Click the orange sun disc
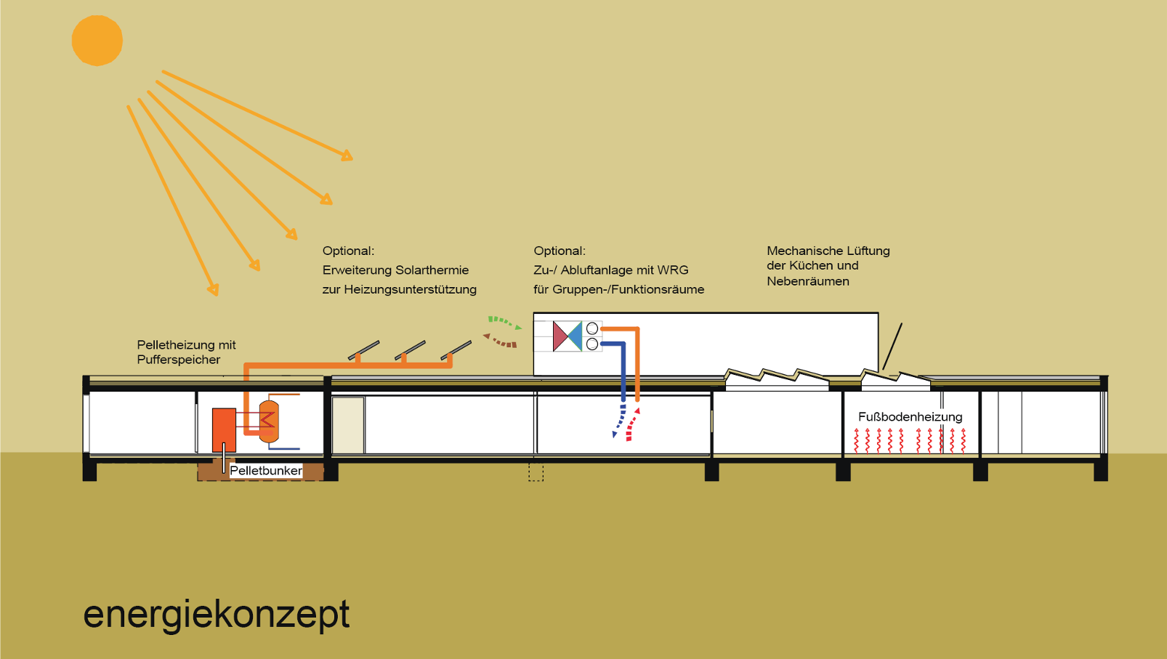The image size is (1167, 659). click(97, 41)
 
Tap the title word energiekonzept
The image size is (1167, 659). click(216, 615)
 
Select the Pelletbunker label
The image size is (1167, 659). click(266, 471)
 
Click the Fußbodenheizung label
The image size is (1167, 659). click(910, 417)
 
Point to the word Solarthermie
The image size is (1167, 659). click(432, 270)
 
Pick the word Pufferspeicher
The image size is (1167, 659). click(179, 360)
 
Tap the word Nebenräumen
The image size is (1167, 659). click(808, 281)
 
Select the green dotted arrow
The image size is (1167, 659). click(504, 322)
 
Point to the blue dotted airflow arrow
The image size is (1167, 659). click(619, 422)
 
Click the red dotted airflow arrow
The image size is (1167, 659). click(632, 425)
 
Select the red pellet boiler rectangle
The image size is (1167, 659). click(224, 429)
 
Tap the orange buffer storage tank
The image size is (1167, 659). click(269, 421)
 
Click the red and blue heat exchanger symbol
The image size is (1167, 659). click(568, 336)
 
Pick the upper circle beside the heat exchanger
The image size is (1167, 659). click(592, 329)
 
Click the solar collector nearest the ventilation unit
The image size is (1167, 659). click(456, 350)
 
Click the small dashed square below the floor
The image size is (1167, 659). click(536, 473)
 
